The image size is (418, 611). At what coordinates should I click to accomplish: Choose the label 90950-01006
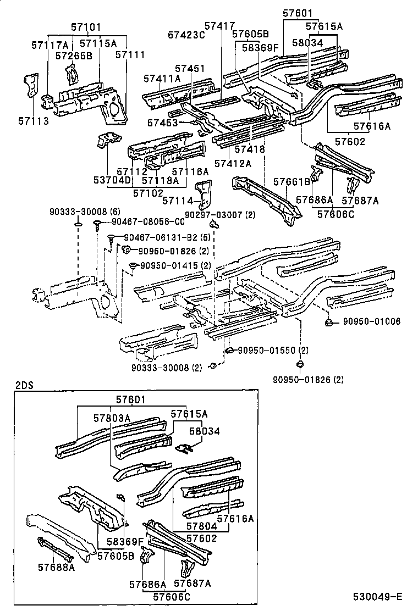tap(372, 321)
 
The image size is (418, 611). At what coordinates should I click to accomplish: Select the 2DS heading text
tap(24, 385)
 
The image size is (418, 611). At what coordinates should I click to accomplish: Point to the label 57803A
tap(112, 418)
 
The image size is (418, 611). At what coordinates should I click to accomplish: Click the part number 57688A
tap(56, 566)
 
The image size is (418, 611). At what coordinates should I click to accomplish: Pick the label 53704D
tap(113, 180)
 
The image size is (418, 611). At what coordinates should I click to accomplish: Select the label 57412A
tap(233, 163)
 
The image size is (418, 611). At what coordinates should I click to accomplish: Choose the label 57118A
tap(160, 180)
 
